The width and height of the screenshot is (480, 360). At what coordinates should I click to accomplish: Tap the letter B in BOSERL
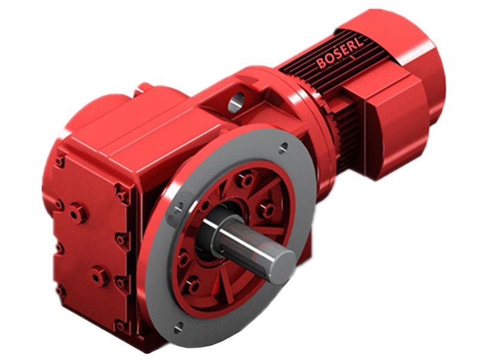(321, 63)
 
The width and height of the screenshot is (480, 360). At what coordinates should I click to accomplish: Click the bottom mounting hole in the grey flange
(179, 327)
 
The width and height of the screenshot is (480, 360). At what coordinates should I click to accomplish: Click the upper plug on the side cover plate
(77, 212)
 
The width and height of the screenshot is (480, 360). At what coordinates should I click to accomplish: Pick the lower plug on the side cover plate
(98, 275)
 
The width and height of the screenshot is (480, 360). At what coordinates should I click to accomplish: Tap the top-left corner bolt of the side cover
(59, 161)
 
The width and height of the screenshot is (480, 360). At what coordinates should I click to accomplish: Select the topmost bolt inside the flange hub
(245, 179)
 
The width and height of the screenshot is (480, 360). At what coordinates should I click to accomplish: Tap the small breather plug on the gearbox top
(143, 88)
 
